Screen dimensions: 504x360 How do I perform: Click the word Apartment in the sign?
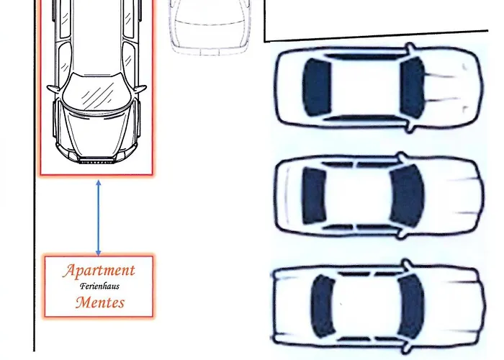[x=99, y=270]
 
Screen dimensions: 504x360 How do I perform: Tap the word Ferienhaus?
[x=99, y=286]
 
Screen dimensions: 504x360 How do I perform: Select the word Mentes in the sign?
[x=100, y=302]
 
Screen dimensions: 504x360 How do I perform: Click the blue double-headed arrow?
[x=99, y=218]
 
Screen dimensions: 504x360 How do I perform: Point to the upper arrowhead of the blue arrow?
[x=99, y=183]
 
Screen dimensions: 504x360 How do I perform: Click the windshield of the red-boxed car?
[x=96, y=91]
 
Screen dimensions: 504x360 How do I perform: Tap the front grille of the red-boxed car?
[x=96, y=161]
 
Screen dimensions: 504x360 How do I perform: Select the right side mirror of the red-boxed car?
[x=140, y=88]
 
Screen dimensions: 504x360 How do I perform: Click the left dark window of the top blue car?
[x=317, y=87]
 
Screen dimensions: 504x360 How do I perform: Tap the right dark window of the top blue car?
[x=412, y=88]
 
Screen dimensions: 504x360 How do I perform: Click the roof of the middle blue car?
[x=358, y=196]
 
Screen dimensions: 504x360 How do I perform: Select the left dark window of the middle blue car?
[x=314, y=196]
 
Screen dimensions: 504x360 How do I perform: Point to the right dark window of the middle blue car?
[x=407, y=196]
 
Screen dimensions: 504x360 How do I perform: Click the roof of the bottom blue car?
[x=366, y=306]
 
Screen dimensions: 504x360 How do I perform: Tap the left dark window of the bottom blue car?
[x=323, y=306]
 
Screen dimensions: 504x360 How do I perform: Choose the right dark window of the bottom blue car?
[x=411, y=306]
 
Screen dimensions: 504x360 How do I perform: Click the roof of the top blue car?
[x=366, y=87]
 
